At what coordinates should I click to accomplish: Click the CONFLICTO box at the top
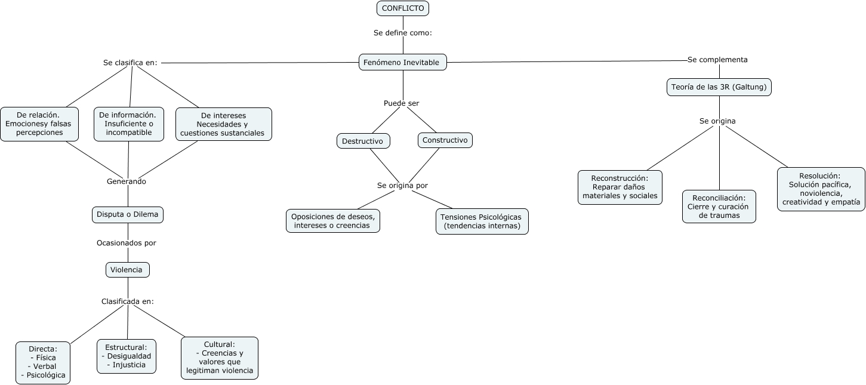[x=403, y=8]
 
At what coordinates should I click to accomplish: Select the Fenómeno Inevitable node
[x=402, y=62]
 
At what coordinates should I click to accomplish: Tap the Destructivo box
[x=363, y=141]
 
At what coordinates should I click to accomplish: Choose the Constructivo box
[x=445, y=140]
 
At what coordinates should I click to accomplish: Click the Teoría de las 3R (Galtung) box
[x=719, y=87]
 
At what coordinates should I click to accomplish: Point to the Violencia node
[x=127, y=270]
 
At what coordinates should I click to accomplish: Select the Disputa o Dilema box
[x=128, y=215]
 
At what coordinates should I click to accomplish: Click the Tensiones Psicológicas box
[x=482, y=221]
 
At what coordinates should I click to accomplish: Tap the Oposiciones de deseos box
[x=332, y=221]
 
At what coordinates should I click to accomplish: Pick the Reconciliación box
[x=719, y=207]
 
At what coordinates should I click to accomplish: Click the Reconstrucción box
[x=620, y=187]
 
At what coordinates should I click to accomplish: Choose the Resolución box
[x=821, y=189]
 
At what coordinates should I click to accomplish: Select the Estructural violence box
[x=127, y=356]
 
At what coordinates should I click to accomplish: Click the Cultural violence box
[x=220, y=358]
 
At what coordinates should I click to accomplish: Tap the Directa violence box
[x=43, y=362]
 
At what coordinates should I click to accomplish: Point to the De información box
[x=128, y=124]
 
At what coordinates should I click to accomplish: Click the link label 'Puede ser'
[x=401, y=103]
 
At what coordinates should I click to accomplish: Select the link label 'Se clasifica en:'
[x=130, y=62]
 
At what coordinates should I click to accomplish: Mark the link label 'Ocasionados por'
[x=127, y=243]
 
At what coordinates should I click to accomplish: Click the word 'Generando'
[x=127, y=181]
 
